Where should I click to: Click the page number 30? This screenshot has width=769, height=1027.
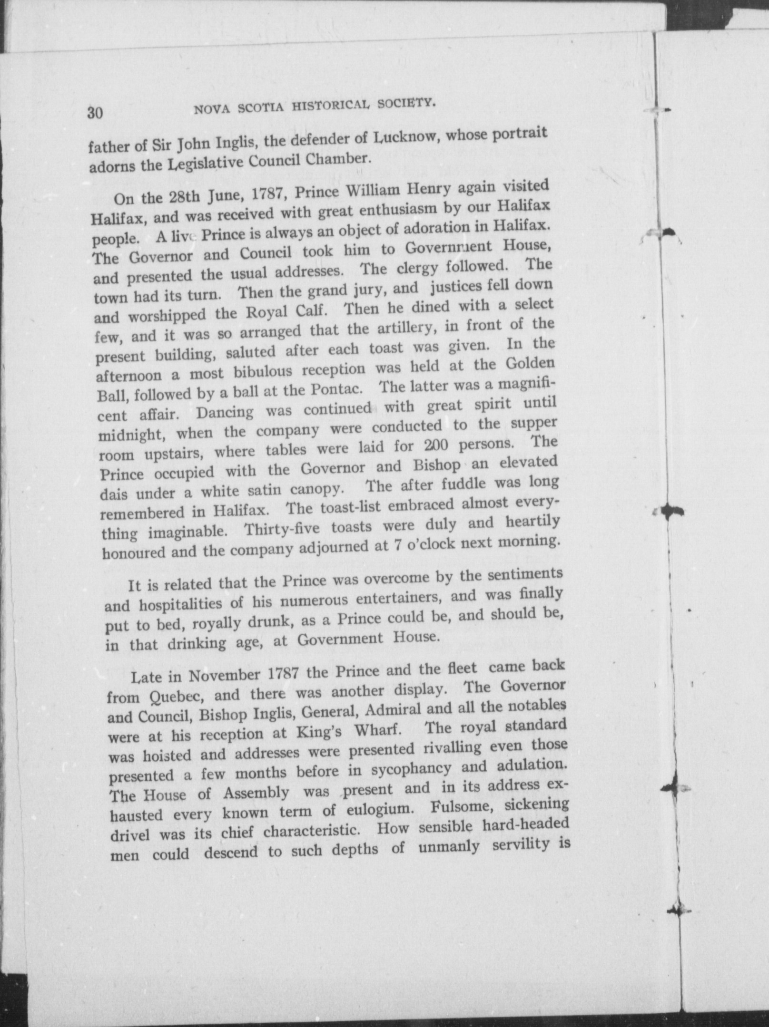click(x=95, y=113)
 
